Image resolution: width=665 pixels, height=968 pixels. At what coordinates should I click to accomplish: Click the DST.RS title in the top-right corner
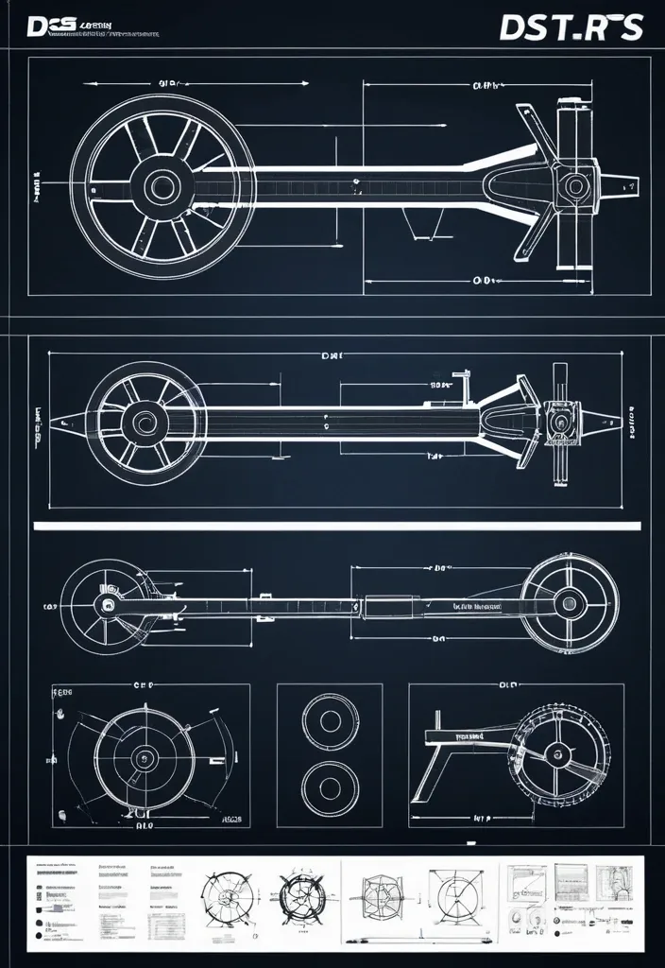tap(571, 27)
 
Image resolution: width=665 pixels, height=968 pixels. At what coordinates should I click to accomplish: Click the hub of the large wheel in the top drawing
tap(162, 185)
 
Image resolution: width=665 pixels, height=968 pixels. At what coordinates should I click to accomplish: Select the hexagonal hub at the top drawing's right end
tap(573, 185)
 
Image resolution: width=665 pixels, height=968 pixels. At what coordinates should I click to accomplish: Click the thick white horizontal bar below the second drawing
tap(337, 526)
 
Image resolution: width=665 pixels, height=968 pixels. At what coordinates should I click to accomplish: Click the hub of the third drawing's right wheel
tap(569, 602)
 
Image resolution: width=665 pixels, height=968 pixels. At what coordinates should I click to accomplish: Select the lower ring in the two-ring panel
tap(330, 784)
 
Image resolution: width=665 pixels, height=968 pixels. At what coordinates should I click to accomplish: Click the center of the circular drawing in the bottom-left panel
tap(145, 756)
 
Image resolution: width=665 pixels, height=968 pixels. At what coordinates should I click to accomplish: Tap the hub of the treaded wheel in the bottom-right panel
tap(557, 754)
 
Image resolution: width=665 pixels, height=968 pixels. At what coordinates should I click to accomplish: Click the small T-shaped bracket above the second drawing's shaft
tap(463, 382)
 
